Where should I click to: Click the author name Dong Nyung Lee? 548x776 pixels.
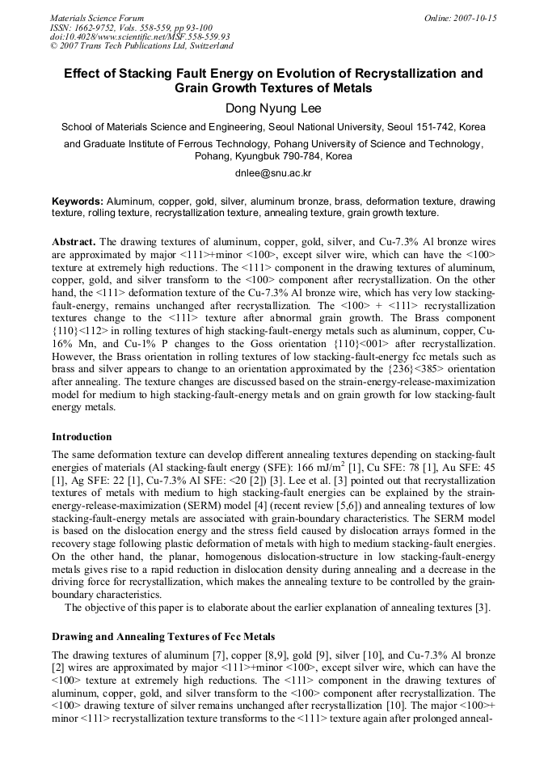(273, 108)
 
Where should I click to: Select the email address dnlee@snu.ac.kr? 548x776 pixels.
(273, 173)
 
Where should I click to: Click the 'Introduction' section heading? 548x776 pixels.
(82, 437)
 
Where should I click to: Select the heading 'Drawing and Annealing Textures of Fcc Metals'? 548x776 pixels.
(163, 636)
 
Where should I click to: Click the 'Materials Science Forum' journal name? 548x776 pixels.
(97, 18)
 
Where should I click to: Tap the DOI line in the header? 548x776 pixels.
(140, 36)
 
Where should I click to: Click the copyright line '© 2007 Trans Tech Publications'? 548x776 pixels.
(141, 46)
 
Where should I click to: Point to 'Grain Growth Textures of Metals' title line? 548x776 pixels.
(273, 88)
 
